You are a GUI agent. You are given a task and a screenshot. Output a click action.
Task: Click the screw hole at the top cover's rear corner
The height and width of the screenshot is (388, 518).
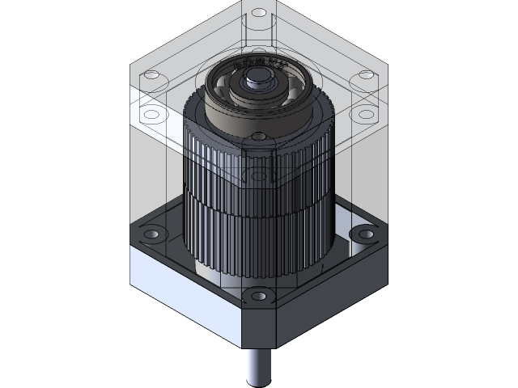[x=258, y=14]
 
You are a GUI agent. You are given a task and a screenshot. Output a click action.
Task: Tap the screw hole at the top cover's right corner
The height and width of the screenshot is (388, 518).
[x=366, y=74]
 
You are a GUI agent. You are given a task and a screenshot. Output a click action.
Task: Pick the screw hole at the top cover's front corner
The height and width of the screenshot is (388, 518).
[x=258, y=138]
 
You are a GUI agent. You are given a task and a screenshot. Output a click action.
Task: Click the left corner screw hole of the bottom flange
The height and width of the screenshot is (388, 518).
[x=151, y=234]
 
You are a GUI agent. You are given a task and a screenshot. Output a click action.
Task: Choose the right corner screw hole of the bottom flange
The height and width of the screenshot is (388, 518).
[x=366, y=234]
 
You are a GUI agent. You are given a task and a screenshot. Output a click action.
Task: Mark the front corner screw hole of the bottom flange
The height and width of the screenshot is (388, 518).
[x=258, y=296]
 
